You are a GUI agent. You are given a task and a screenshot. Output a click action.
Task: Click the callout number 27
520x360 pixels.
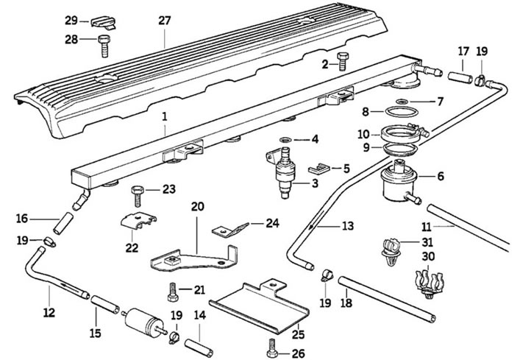click(x=164, y=21)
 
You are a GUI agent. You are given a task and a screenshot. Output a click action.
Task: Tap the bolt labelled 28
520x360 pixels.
click(x=104, y=46)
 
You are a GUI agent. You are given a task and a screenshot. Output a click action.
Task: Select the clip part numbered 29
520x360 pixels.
click(x=103, y=23)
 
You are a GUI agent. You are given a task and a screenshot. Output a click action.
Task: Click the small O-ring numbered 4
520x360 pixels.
click(x=285, y=139)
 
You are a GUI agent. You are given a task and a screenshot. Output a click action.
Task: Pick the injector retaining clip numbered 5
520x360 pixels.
click(x=318, y=169)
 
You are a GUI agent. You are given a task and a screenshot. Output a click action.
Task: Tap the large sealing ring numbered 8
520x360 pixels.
click(x=402, y=112)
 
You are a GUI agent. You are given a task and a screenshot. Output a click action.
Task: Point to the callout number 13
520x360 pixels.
click(x=348, y=226)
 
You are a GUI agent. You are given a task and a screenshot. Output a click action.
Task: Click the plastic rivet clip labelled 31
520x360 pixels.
click(x=391, y=252)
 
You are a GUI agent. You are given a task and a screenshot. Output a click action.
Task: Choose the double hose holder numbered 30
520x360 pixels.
click(x=430, y=283)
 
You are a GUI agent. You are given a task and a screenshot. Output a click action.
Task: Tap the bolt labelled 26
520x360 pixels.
click(x=272, y=348)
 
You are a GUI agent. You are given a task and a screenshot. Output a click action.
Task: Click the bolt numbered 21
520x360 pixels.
click(x=173, y=292)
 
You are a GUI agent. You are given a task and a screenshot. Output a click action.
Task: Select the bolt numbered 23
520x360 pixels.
click(x=138, y=197)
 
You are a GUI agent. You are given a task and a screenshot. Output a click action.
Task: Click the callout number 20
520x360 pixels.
click(x=198, y=206)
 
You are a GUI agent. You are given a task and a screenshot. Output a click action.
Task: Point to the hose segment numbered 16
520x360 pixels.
click(x=63, y=224)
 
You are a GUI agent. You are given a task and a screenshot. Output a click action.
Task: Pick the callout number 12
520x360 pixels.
click(x=49, y=313)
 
